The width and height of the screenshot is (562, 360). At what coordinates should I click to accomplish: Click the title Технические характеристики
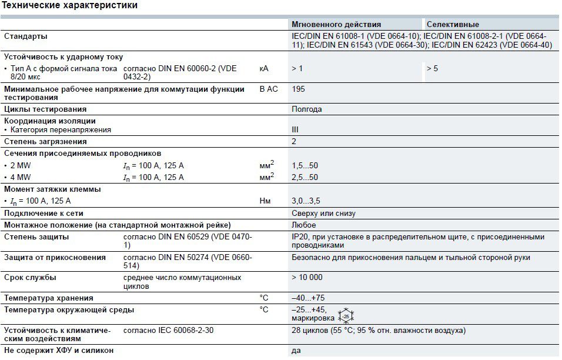pyautogui.click(x=71, y=6)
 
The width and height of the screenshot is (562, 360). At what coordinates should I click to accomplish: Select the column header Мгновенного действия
pyautogui.click(x=336, y=25)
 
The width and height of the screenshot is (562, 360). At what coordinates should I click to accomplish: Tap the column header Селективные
pyautogui.click(x=453, y=25)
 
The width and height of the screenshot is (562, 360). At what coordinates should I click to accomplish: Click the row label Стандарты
pyautogui.click(x=26, y=36)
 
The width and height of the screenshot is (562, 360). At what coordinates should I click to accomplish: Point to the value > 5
pyautogui.click(x=432, y=69)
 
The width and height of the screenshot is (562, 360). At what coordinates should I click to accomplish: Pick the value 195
pyautogui.click(x=298, y=89)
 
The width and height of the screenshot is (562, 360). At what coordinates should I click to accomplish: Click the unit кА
pyautogui.click(x=264, y=69)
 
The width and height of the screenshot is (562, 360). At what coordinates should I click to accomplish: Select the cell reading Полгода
pyautogui.click(x=307, y=109)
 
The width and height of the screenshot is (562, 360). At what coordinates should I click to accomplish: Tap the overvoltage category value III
pyautogui.click(x=295, y=130)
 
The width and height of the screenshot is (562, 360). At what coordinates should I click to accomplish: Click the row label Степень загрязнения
pyautogui.click(x=45, y=142)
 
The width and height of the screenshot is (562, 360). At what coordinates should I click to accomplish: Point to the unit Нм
pyautogui.click(x=265, y=201)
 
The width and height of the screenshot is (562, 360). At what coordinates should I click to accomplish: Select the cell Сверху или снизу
pyautogui.click(x=323, y=214)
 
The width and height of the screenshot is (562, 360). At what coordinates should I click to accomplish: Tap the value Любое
pyautogui.click(x=304, y=225)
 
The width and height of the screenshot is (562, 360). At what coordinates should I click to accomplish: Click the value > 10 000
pyautogui.click(x=307, y=277)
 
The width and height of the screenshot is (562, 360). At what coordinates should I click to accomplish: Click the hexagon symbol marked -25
pyautogui.click(x=346, y=316)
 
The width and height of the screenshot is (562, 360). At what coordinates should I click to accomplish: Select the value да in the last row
pyautogui.click(x=296, y=351)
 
